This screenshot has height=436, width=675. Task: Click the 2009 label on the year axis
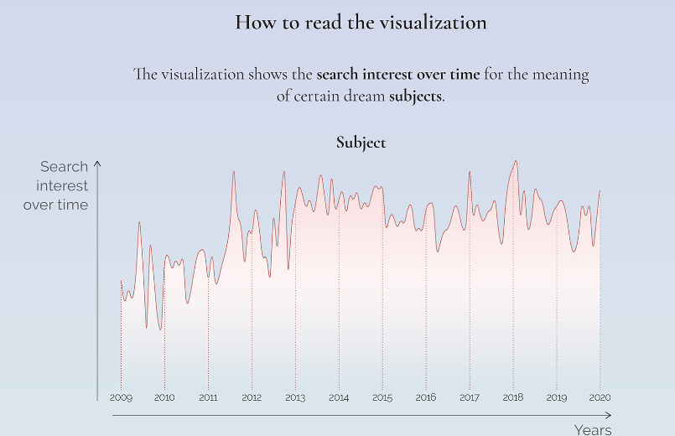(x=121, y=397)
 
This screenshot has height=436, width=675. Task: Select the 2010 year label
(x=164, y=397)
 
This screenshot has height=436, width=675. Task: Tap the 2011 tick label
(x=208, y=397)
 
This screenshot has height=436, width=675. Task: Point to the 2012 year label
(x=252, y=397)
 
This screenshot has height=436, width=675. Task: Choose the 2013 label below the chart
(x=295, y=397)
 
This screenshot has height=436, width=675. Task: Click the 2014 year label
(x=339, y=397)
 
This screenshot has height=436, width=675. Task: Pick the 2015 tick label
(x=382, y=397)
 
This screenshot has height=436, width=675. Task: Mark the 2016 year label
(x=426, y=397)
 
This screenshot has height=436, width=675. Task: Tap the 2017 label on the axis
(x=470, y=397)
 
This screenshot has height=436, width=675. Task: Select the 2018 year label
(x=513, y=397)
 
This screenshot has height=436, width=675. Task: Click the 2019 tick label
(x=557, y=397)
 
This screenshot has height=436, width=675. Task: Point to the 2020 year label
(x=600, y=397)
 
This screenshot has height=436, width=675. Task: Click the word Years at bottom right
(x=593, y=429)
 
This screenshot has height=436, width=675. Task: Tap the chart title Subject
(x=361, y=143)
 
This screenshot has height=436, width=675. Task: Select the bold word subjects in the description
(x=414, y=96)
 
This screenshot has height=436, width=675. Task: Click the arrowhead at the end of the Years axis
(x=609, y=414)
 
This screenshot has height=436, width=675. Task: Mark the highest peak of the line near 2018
(x=516, y=161)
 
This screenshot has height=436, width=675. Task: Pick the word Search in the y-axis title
(x=64, y=167)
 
